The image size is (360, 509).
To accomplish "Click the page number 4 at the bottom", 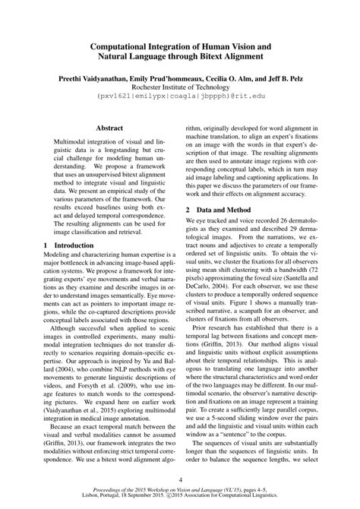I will click(x=180, y=480).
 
